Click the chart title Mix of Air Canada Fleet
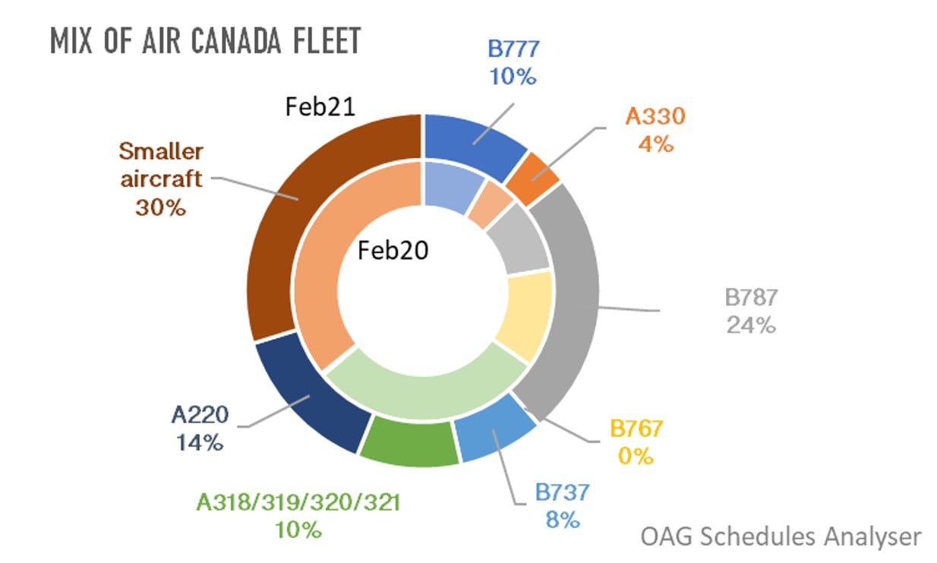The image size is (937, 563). (205, 40)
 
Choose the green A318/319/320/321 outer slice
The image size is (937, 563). (408, 445)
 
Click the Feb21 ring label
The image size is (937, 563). (320, 107)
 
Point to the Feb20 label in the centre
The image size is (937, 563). (393, 250)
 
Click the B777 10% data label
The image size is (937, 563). (513, 62)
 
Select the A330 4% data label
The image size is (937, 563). (655, 129)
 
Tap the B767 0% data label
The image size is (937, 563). (636, 441)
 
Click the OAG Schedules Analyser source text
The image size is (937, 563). (781, 536)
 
